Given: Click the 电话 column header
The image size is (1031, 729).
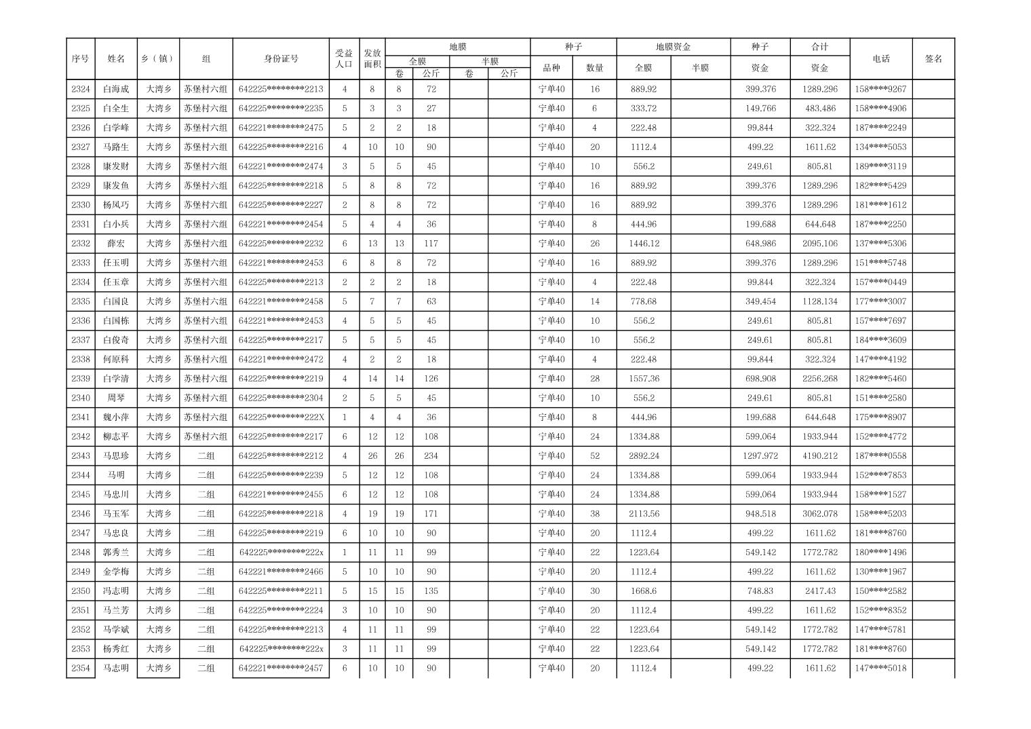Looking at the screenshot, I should coord(880,59).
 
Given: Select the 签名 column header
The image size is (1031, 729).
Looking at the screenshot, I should coord(933,59).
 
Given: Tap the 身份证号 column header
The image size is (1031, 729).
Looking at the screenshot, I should coord(281,59).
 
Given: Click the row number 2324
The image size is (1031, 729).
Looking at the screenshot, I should coord(80,89).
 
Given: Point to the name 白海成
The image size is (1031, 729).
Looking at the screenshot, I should coord(116,89).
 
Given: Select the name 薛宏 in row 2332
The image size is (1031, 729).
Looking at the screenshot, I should coord(116,244).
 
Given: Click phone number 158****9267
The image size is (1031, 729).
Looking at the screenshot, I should coord(880,89).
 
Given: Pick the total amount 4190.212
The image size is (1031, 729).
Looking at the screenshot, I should coord(819,456).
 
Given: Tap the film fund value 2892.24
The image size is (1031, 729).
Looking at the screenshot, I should coord(643,456).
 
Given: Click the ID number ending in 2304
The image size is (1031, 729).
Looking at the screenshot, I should coord(281,398).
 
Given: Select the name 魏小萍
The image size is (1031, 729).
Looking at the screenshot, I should coord(116,417).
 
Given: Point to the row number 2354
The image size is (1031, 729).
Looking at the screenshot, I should coord(80,669).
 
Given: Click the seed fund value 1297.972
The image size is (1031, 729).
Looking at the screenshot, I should coord(760,456).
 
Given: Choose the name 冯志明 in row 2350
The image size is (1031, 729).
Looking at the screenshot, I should coord(116,591).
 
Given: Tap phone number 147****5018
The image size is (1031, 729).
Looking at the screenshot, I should coord(880,669).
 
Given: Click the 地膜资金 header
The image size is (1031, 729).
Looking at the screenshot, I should coord(673,47).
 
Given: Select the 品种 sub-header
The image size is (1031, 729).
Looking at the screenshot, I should coord(551,68).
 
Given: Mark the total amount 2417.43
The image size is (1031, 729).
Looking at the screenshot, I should coord(819,591).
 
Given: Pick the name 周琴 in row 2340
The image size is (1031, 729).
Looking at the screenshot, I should coord(116,398).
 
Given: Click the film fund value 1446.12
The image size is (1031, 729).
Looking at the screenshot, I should coord(643,244).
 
